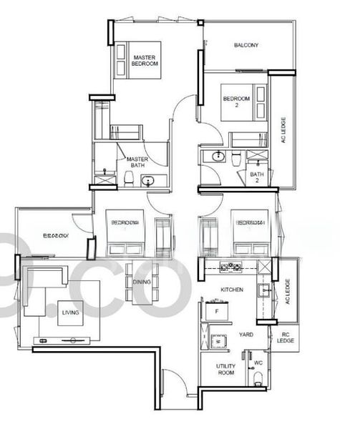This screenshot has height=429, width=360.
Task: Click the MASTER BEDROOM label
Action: pos(145,59)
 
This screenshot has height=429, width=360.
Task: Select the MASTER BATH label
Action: pos(137,163)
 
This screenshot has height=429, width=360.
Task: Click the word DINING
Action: pos(142,282)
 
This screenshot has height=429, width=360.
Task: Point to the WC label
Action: pos(258,363)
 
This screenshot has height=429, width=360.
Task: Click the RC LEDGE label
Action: pos(286,337)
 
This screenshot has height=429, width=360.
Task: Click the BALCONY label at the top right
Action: pos(245,46)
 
